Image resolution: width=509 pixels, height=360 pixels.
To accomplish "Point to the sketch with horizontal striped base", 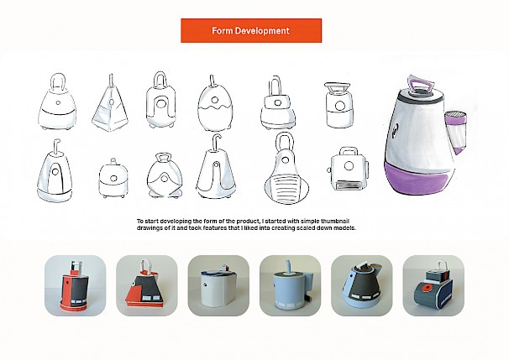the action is (286, 169).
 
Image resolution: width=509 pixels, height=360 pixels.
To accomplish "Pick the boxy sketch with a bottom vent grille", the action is (349, 170).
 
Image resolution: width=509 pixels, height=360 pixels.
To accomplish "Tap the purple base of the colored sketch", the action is (419, 179).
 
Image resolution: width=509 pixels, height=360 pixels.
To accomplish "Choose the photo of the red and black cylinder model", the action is (75, 285).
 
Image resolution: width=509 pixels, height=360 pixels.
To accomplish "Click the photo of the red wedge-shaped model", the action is (147, 285).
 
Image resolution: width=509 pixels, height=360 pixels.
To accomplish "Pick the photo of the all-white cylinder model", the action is (218, 285).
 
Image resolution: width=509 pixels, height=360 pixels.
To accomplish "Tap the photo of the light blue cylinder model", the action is (291, 285).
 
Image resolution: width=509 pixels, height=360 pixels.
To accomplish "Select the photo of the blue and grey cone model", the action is (362, 285).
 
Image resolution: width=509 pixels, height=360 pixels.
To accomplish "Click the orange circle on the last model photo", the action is (425, 288).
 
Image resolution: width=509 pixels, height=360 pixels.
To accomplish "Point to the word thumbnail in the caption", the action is (335, 222).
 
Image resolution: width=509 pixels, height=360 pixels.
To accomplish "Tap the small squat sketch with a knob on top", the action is (113, 178).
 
